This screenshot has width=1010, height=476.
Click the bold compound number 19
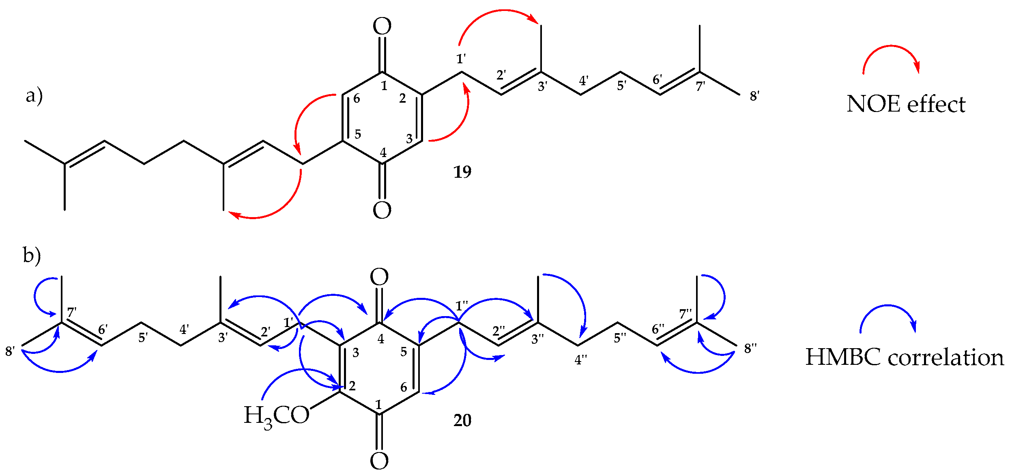click(462, 172)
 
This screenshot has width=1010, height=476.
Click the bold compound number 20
click(462, 420)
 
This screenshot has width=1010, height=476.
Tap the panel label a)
click(34, 96)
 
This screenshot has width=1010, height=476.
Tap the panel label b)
click(32, 256)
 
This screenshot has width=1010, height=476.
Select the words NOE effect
click(906, 104)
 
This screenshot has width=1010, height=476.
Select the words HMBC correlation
click(905, 358)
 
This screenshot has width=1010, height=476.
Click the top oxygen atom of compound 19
click(382, 27)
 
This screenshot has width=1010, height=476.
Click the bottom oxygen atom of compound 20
click(379, 461)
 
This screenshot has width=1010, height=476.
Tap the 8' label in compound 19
click(754, 96)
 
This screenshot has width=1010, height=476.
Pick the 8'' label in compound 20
click(750, 348)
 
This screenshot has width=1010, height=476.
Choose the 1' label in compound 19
click(461, 59)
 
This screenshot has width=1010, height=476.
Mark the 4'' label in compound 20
click(581, 360)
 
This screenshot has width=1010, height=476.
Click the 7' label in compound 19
click(701, 86)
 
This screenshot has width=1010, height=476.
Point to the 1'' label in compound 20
click(462, 306)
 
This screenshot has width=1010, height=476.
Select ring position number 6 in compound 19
click(357, 98)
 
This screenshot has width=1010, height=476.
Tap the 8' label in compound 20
click(10, 351)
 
